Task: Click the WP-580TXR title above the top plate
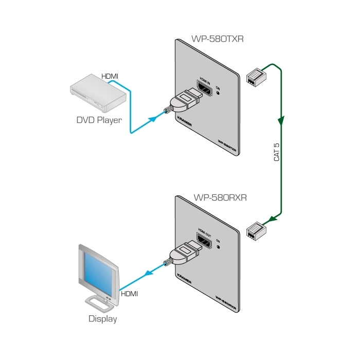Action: pos(207,38)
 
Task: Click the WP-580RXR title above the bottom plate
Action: pos(207,197)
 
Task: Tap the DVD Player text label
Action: pos(99,121)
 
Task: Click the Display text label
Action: pos(102,319)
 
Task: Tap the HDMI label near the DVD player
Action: pos(110,77)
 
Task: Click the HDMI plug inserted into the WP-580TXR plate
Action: pos(185,100)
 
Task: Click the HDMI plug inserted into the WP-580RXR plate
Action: pos(185,255)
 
